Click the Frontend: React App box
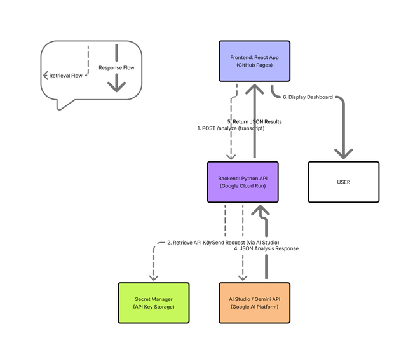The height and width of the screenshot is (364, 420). pyautogui.click(x=254, y=61)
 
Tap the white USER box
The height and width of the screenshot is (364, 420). pyautogui.click(x=343, y=182)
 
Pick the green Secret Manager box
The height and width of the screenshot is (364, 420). pyautogui.click(x=154, y=303)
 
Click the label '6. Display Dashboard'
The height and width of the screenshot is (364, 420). pyautogui.click(x=308, y=97)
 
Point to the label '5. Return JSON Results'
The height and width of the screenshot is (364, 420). pyautogui.click(x=254, y=121)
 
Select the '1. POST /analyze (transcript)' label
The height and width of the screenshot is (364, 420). pyautogui.click(x=231, y=128)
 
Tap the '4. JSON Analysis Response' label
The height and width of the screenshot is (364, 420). pyautogui.click(x=266, y=248)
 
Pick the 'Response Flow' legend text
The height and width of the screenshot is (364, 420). pyautogui.click(x=116, y=67)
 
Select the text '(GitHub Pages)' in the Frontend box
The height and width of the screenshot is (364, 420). pyautogui.click(x=254, y=65)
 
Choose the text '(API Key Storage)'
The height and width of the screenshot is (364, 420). pyautogui.click(x=154, y=307)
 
